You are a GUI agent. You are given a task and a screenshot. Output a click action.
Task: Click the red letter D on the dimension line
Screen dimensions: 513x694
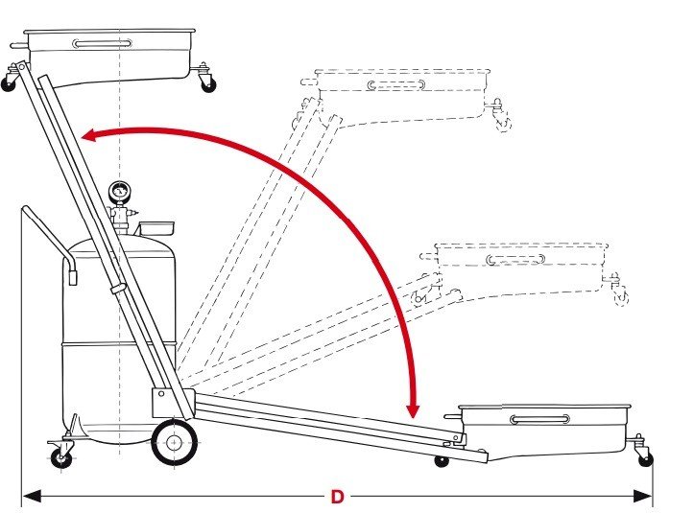point(337,497)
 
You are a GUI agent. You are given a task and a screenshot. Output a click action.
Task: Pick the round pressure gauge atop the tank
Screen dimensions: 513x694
point(120,191)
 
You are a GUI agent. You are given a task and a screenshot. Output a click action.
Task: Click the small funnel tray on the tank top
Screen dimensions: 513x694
point(156,228)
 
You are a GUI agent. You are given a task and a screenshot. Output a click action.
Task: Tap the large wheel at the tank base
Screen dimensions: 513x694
point(174,443)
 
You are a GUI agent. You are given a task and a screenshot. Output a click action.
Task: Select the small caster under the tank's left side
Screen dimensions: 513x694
point(62,457)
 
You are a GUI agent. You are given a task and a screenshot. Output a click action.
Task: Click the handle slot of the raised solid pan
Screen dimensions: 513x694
point(99,43)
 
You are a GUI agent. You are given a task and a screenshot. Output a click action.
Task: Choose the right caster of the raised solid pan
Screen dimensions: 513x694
point(206,82)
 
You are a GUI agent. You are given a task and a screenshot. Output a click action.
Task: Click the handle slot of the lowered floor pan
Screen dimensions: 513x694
point(539,419)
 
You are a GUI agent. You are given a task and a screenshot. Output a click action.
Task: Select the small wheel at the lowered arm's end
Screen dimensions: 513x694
point(442,460)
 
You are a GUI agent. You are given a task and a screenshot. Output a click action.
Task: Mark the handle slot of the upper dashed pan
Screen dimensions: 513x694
point(395,85)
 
